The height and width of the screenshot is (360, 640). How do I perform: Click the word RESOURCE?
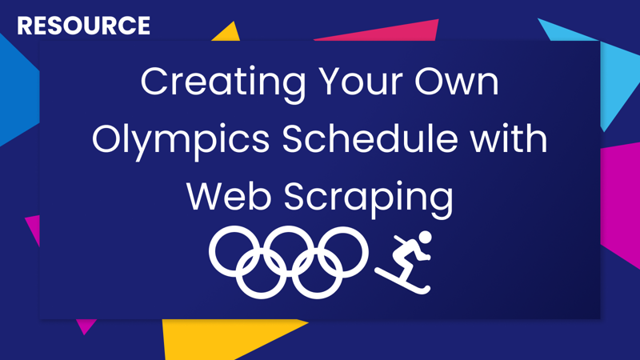83,26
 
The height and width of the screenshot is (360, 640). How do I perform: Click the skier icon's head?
425,238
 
